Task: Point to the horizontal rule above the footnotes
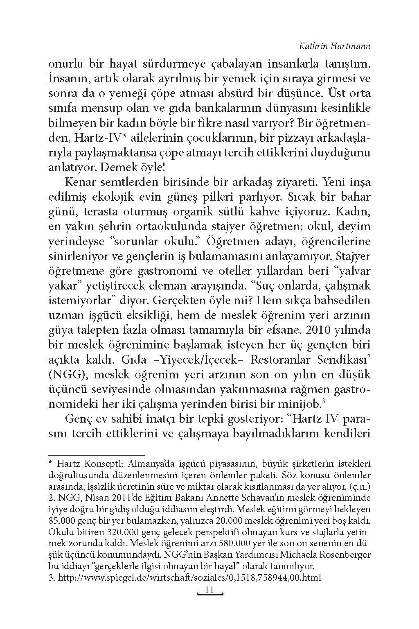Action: click(x=97, y=455)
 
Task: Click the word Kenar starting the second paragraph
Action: click(x=79, y=182)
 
